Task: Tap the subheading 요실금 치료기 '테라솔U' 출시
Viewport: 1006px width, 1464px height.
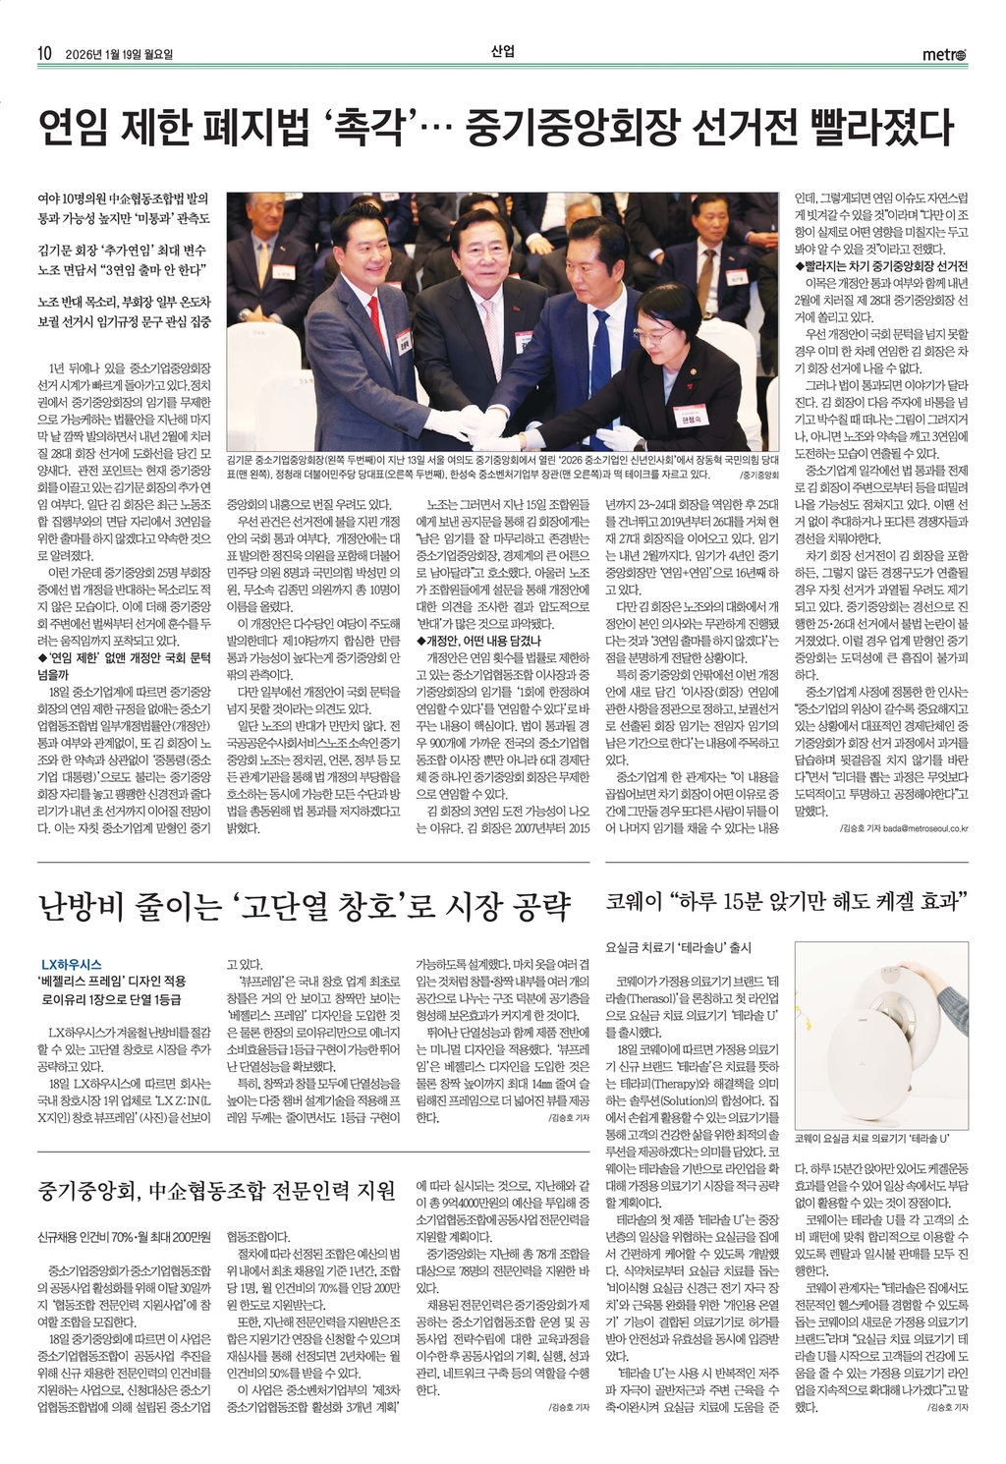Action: tap(678, 947)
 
